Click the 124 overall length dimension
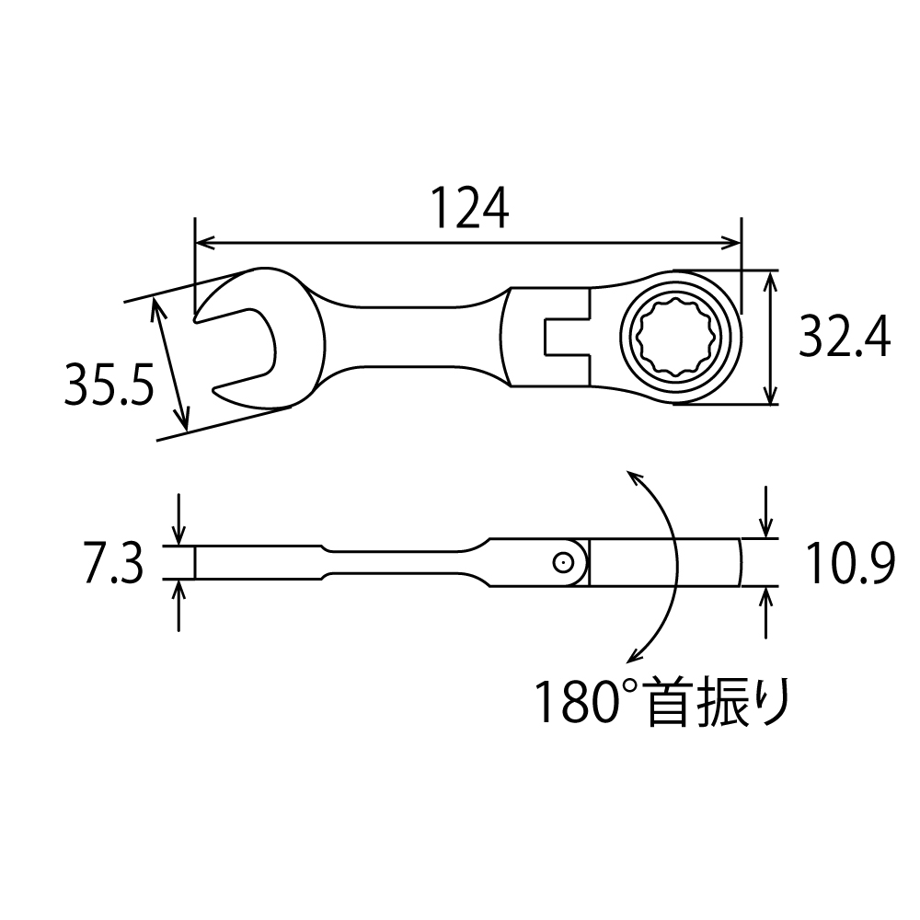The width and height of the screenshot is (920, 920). point(470,208)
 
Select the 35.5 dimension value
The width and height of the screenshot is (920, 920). point(109,384)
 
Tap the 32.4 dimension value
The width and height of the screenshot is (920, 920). point(845,337)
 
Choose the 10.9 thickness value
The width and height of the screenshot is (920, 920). point(849,563)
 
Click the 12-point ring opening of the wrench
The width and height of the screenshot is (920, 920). point(680,337)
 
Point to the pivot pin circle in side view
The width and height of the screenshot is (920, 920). point(563,563)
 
